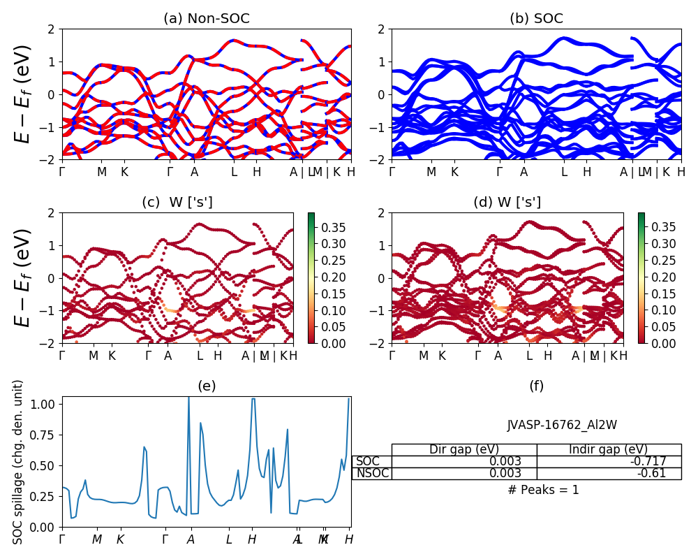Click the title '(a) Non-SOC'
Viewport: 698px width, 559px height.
click(206, 19)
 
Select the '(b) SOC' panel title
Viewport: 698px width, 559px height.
click(536, 19)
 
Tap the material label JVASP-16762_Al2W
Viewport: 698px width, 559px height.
click(562, 425)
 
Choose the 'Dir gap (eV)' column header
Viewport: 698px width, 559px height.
click(464, 449)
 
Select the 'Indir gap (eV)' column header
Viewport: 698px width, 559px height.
click(609, 449)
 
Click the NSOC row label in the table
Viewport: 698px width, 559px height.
click(371, 473)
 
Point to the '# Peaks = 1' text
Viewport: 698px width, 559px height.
click(543, 490)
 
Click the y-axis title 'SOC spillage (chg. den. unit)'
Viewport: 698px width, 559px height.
click(19, 461)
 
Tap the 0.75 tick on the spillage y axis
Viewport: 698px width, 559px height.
click(45, 434)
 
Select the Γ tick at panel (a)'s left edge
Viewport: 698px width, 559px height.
click(62, 172)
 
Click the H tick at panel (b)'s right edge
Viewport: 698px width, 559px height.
click(681, 172)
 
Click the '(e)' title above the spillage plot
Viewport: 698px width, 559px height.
click(206, 386)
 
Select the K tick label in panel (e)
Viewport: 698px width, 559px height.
click(120, 539)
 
